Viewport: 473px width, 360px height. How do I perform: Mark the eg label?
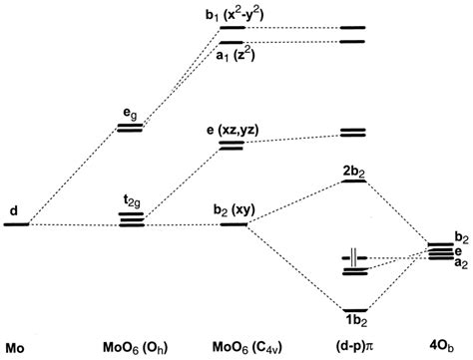point(131,113)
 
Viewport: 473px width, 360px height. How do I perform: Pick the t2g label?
point(131,200)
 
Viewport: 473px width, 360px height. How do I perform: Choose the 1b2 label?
point(355,321)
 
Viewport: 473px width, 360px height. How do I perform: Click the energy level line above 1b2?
point(355,307)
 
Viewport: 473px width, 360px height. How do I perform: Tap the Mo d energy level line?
point(16,224)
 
